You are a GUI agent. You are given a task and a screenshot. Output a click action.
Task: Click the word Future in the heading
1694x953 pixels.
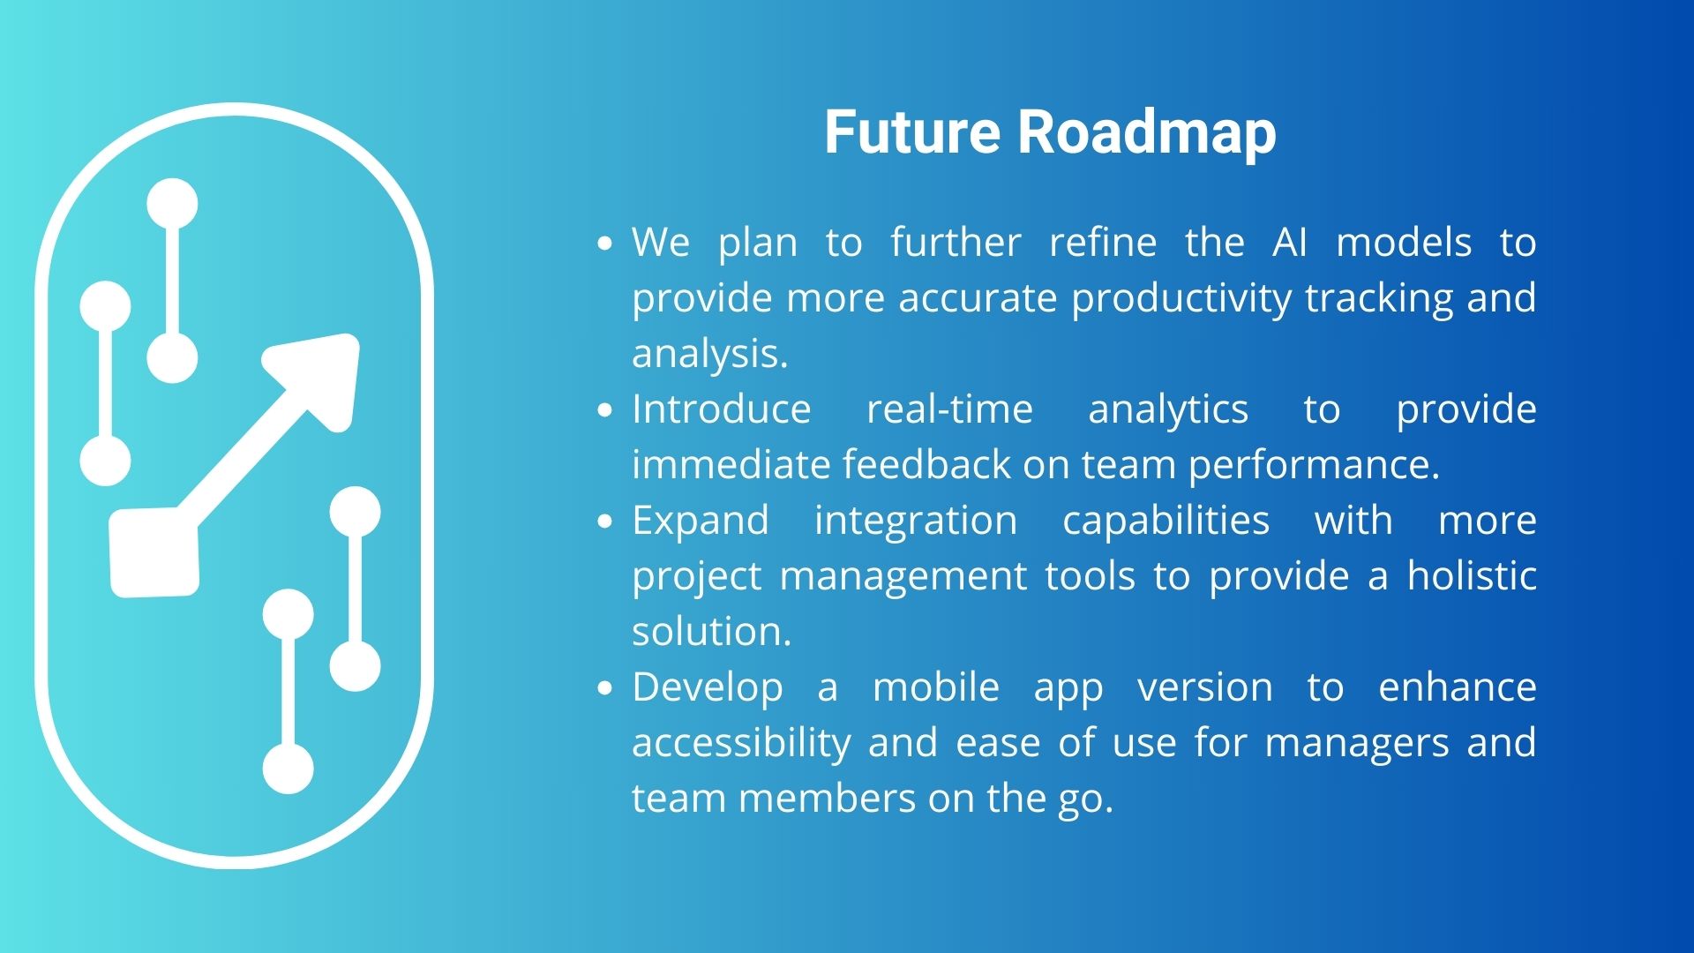click(912, 132)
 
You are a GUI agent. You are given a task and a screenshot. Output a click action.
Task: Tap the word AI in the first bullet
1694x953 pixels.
click(1290, 242)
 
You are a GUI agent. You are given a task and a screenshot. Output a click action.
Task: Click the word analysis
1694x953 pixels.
click(710, 354)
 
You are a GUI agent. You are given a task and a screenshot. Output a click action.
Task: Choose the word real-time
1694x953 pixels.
click(949, 409)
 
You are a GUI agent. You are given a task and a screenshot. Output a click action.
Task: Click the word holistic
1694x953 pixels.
click(1472, 575)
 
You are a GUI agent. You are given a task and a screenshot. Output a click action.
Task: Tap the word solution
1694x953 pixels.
click(712, 631)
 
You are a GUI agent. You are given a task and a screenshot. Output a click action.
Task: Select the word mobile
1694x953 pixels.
click(936, 687)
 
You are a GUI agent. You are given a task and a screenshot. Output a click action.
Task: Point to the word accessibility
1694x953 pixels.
click(741, 743)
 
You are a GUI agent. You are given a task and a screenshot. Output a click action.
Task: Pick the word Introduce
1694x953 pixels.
click(722, 409)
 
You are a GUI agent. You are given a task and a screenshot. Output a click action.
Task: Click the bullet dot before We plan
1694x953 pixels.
click(604, 244)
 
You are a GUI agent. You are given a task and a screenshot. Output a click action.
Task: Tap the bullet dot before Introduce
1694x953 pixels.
click(604, 410)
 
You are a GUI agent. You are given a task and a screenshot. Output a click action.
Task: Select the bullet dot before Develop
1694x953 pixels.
click(604, 688)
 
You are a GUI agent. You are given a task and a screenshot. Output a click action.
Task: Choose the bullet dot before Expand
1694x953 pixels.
click(604, 522)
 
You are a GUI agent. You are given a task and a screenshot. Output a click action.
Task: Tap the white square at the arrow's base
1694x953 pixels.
click(154, 552)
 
